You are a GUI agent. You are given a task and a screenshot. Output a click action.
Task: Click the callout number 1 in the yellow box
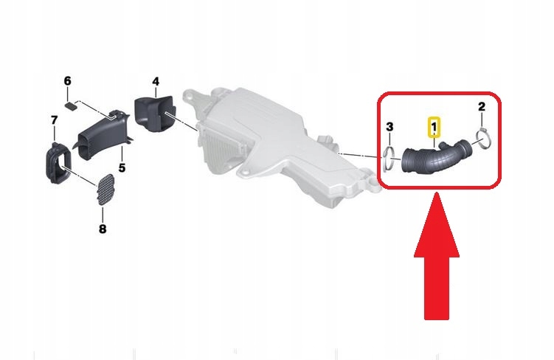[434, 126]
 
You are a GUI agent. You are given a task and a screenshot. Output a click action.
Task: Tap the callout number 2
[482, 106]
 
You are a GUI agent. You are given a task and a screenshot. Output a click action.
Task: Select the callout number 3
[389, 126]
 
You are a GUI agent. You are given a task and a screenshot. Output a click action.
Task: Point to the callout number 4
[156, 81]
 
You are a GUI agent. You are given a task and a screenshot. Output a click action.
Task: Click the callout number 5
[122, 167]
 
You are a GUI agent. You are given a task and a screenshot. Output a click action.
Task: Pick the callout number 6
[67, 81]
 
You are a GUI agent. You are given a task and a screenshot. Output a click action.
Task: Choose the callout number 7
[54, 120]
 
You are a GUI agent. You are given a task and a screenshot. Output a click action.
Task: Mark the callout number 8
[103, 229]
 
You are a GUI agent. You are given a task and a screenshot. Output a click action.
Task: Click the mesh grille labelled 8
[105, 189]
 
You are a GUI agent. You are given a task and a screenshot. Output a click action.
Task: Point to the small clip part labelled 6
[72, 105]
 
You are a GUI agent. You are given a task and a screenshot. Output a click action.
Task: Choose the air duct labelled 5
[103, 136]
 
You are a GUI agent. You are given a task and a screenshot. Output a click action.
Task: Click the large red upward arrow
[437, 256]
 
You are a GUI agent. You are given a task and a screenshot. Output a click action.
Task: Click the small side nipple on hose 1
[442, 145]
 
